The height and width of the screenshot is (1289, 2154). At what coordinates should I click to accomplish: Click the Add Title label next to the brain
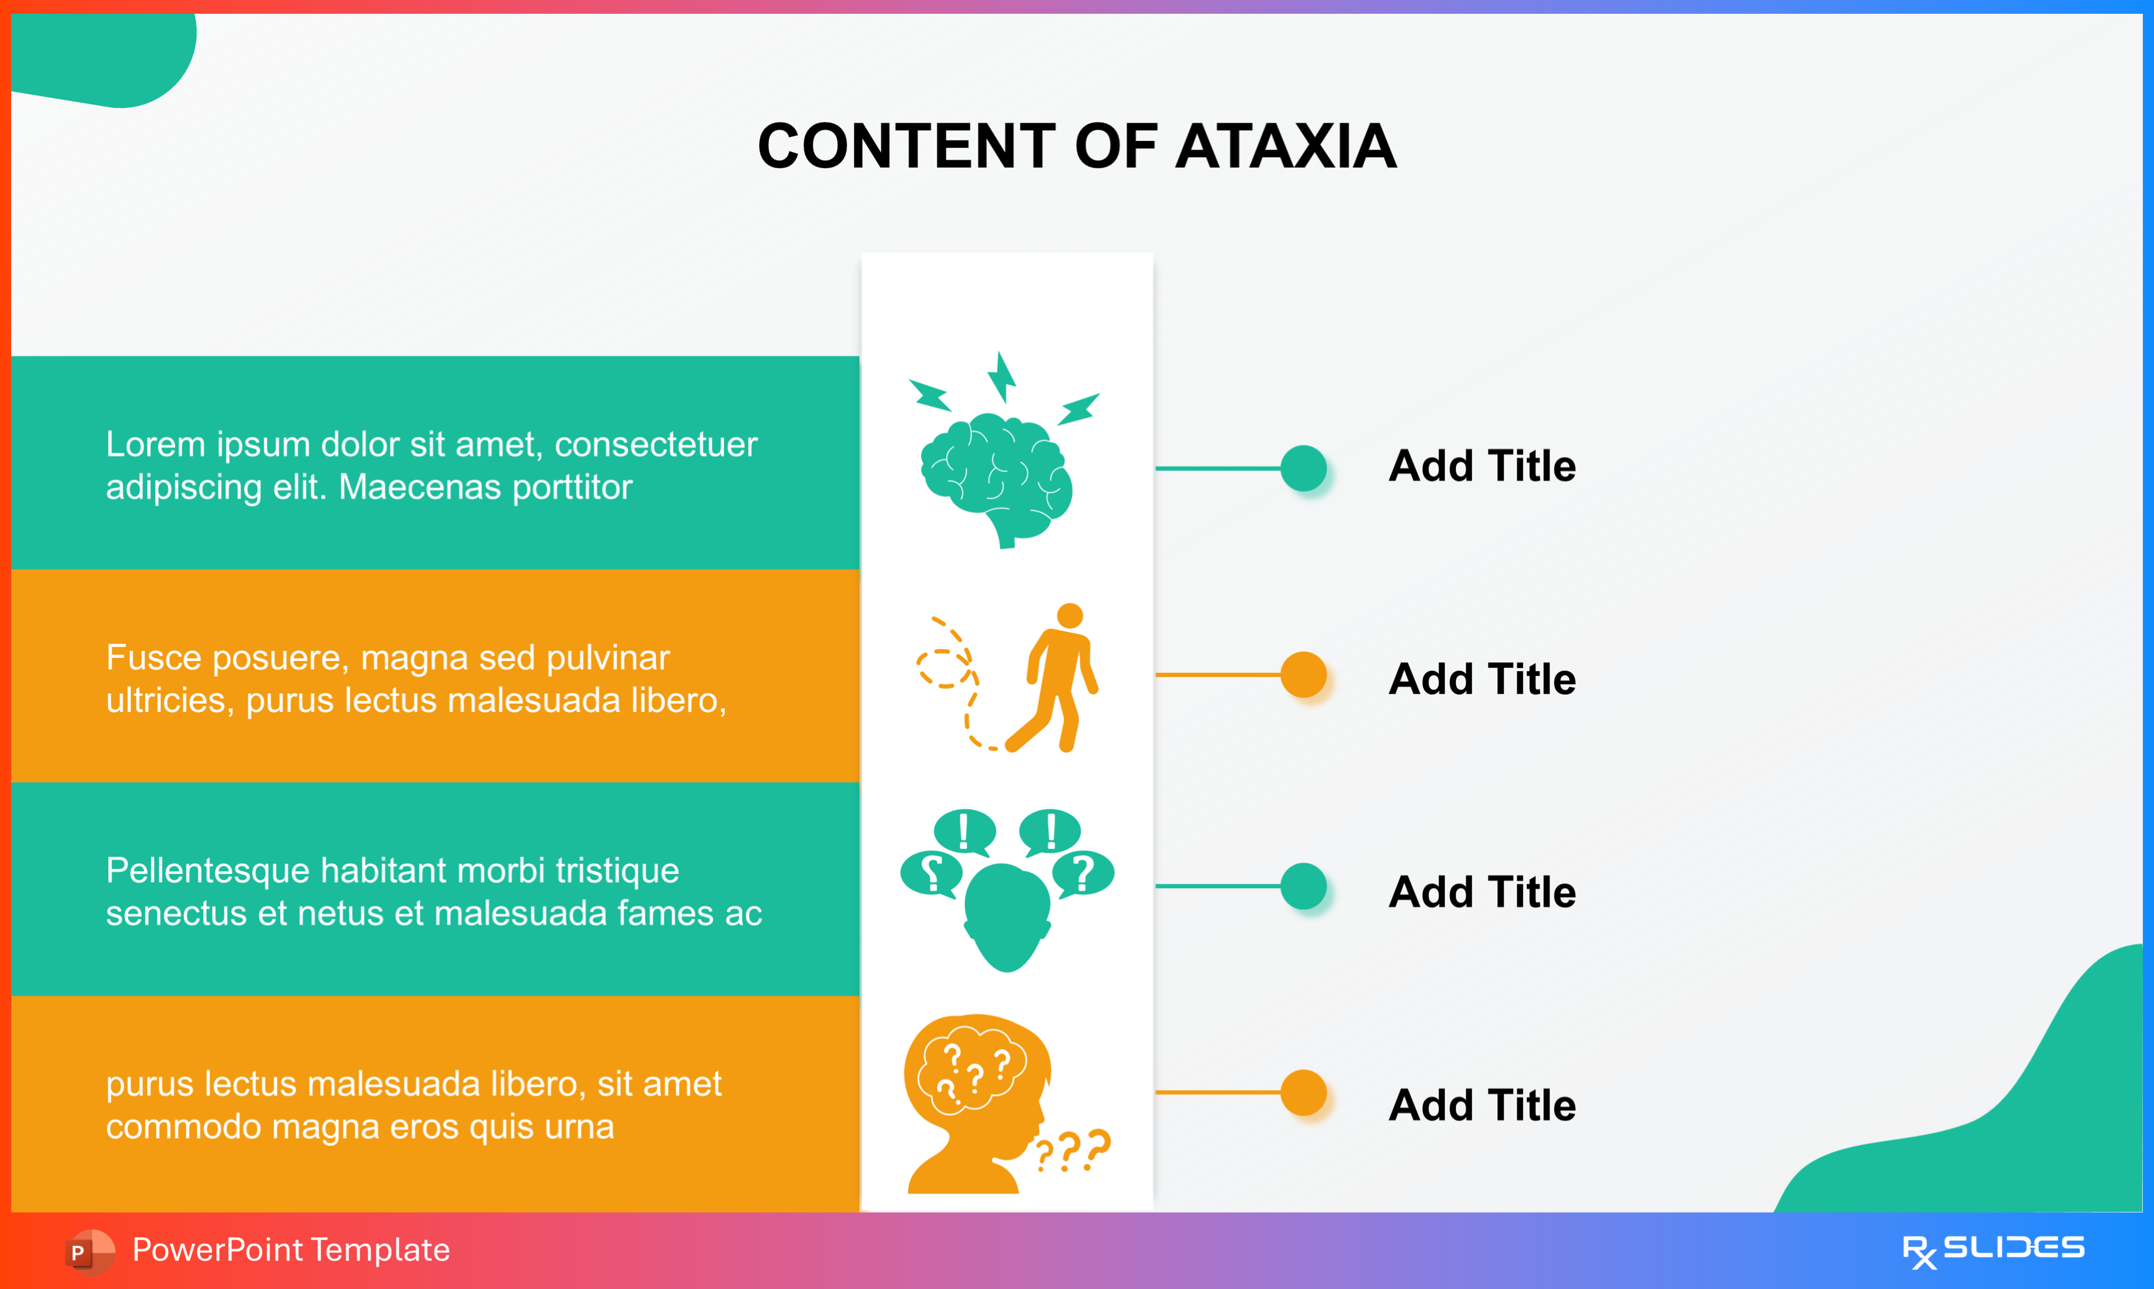1482,466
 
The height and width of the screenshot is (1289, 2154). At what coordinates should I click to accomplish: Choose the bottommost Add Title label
1482,1106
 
